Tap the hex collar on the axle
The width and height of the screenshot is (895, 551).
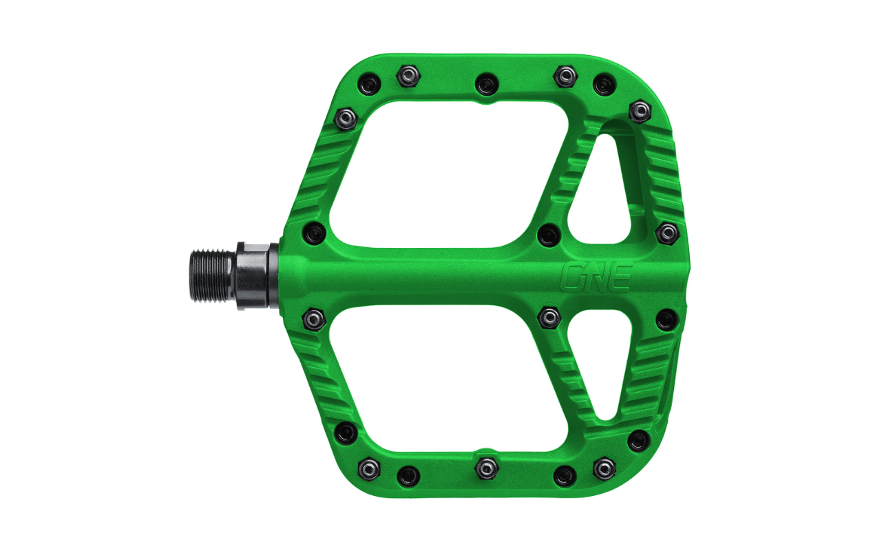coord(253,275)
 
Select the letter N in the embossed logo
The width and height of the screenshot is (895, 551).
coord(594,277)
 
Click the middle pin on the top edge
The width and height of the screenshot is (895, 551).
coord(487,84)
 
